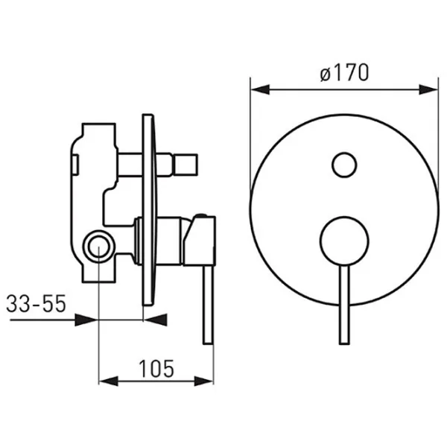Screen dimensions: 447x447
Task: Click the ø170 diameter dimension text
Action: pos(344,72)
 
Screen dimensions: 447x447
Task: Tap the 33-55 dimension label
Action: pos(37,303)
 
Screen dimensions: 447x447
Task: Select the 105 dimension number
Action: pos(156,369)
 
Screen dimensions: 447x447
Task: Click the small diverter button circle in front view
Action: pos(344,165)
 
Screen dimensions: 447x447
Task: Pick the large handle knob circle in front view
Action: pos(344,241)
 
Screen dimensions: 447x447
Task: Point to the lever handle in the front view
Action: pos(344,305)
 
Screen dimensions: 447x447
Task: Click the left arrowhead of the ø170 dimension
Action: pos(260,89)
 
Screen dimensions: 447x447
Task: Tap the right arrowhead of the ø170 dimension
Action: pos(428,89)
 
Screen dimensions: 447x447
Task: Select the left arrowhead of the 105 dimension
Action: pos(108,381)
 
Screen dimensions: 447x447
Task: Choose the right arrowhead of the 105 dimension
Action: pos(203,381)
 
